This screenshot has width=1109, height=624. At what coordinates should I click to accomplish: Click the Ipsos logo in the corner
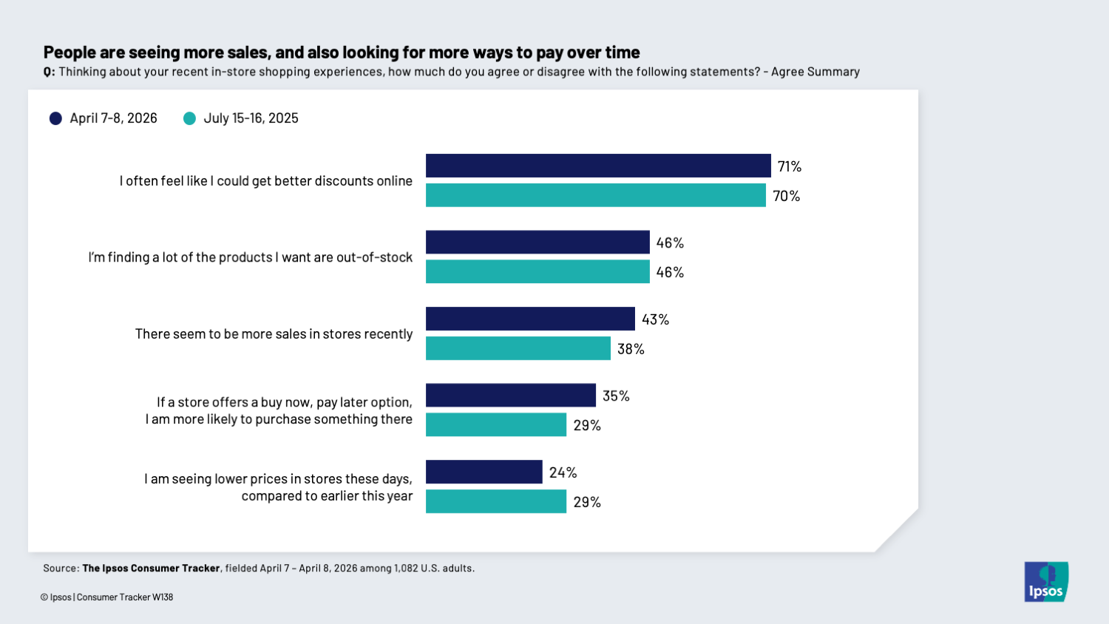pyautogui.click(x=1045, y=582)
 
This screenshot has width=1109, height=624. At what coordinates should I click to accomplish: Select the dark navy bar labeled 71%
pyautogui.click(x=598, y=166)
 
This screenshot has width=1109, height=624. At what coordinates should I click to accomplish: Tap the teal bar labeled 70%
pyautogui.click(x=595, y=195)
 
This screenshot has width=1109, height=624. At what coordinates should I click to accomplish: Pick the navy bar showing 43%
pyautogui.click(x=530, y=319)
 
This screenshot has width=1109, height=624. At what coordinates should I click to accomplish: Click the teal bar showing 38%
pyautogui.click(x=518, y=348)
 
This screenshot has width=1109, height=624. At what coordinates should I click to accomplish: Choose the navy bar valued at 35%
pyautogui.click(x=510, y=395)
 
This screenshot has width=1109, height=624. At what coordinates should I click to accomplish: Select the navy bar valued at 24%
pyautogui.click(x=484, y=472)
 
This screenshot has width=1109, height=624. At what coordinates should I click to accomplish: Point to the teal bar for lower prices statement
pyautogui.click(x=495, y=501)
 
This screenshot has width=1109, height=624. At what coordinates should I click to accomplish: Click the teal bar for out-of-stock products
pyautogui.click(x=537, y=271)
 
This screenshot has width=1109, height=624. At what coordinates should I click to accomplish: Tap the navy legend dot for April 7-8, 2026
pyautogui.click(x=55, y=118)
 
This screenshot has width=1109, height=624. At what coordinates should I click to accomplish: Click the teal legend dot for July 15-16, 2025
pyautogui.click(x=189, y=118)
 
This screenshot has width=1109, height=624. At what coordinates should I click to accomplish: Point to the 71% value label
pyautogui.click(x=789, y=166)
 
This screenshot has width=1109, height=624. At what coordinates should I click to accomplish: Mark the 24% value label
pyautogui.click(x=563, y=472)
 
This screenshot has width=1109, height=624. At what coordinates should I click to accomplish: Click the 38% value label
pyautogui.click(x=631, y=349)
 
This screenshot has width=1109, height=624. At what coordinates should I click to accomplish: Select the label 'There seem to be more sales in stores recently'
pyautogui.click(x=274, y=334)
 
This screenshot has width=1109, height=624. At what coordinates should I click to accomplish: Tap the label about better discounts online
pyautogui.click(x=265, y=181)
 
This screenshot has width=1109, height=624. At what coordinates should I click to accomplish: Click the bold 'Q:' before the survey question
pyautogui.click(x=49, y=72)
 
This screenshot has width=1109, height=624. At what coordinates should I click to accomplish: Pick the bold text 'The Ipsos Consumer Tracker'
pyautogui.click(x=151, y=569)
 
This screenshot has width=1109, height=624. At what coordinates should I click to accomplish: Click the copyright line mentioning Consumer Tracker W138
pyautogui.click(x=106, y=597)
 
